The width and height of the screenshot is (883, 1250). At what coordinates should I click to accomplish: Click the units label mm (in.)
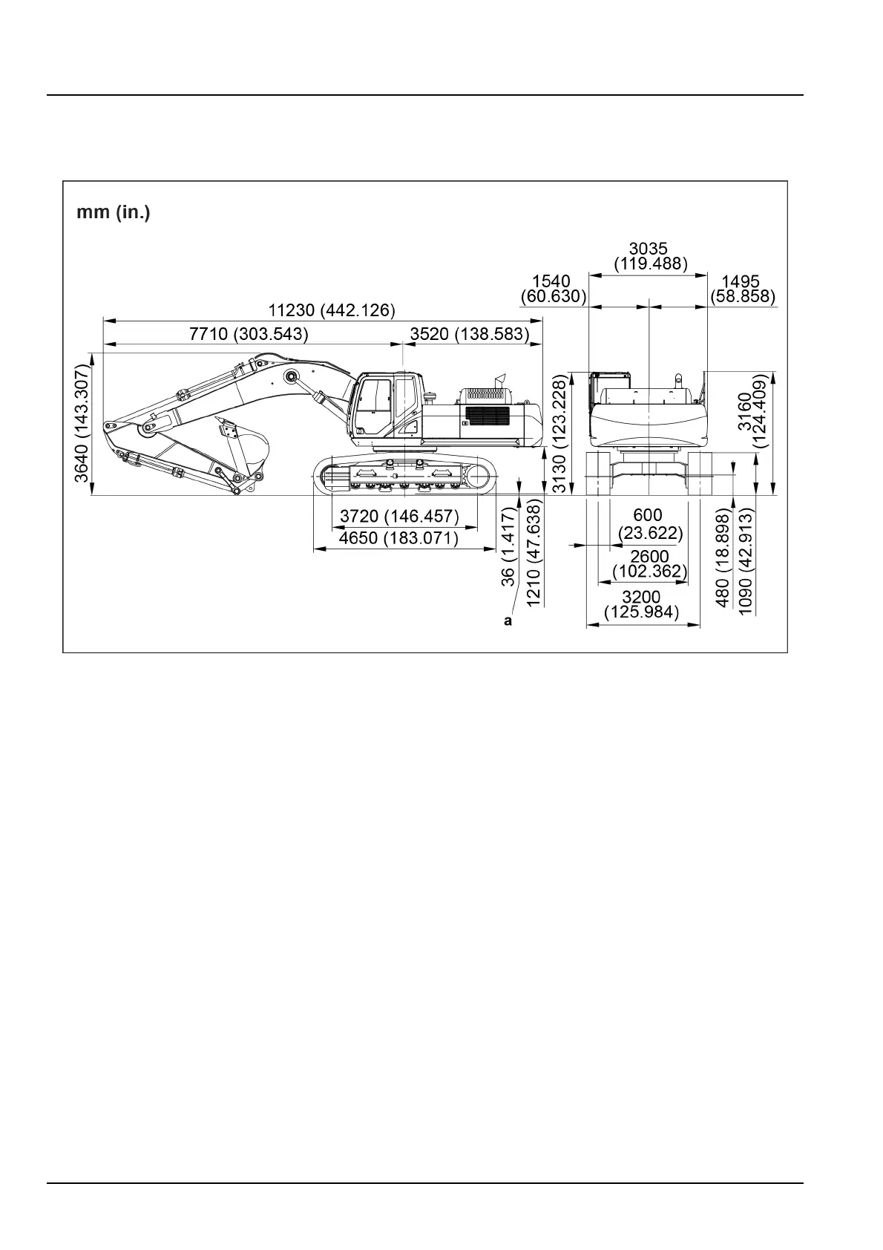(x=114, y=213)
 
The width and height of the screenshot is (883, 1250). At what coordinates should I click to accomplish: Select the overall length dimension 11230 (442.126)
(x=332, y=310)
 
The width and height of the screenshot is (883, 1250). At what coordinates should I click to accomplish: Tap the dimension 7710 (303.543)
(x=248, y=334)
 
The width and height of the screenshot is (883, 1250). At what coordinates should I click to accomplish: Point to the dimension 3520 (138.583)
(x=470, y=334)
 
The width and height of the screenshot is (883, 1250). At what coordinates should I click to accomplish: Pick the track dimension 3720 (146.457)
(x=399, y=516)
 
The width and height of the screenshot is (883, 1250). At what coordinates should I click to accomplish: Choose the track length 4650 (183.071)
(x=398, y=538)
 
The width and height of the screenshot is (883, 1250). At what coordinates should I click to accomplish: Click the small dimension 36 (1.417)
(x=508, y=546)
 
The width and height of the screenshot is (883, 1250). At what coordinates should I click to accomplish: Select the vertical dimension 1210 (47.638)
(x=534, y=552)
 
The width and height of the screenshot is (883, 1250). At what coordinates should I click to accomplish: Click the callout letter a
(x=508, y=621)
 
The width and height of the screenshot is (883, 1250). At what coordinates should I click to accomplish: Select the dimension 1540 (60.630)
(x=554, y=289)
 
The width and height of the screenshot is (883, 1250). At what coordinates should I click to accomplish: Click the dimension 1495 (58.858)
(x=743, y=289)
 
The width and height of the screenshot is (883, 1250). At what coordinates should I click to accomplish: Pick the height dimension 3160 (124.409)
(x=751, y=410)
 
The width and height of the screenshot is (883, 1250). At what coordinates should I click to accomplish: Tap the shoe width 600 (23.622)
(x=649, y=524)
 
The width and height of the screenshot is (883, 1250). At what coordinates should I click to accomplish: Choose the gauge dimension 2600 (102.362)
(x=650, y=564)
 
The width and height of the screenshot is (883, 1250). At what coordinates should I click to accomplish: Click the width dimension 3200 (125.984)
(x=642, y=605)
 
